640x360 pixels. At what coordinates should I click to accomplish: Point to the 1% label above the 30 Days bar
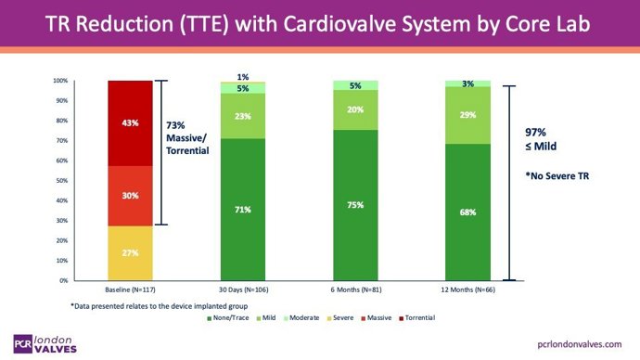[x=243, y=77]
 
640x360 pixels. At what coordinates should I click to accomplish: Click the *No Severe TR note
[x=564, y=174]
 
